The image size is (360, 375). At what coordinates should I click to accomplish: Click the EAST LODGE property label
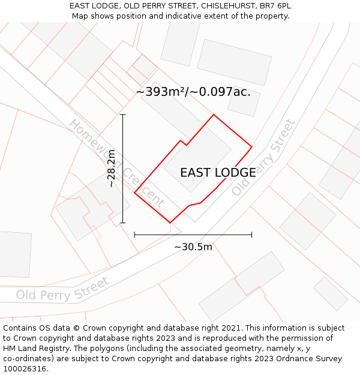pyautogui.click(x=218, y=173)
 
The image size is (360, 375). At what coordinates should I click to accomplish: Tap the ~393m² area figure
pyautogui.click(x=161, y=92)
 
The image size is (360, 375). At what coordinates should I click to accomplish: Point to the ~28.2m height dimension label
pyautogui.click(x=111, y=169)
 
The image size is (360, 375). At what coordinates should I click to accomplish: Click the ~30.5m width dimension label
pyautogui.click(x=193, y=247)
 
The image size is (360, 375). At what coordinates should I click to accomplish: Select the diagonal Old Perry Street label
pyautogui.click(x=264, y=157)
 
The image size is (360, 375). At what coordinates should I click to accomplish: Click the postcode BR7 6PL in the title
pyautogui.click(x=275, y=6)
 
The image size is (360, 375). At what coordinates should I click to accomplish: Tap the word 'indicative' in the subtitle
pyautogui.click(x=190, y=16)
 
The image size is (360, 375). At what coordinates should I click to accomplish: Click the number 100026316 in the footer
pyautogui.click(x=23, y=368)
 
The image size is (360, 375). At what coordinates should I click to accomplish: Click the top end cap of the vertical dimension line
pyautogui.click(x=123, y=114)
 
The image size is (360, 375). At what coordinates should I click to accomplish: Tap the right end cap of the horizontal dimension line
pyautogui.click(x=251, y=235)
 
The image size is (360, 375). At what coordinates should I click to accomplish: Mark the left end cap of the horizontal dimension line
pyautogui.click(x=134, y=235)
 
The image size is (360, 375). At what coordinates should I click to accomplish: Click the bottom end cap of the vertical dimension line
pyautogui.click(x=123, y=223)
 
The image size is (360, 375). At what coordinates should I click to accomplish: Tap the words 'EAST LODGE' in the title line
pyautogui.click(x=93, y=6)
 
